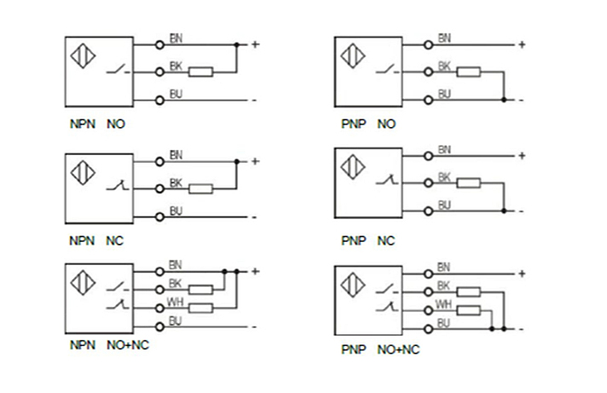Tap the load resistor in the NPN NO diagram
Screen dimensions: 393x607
(x=200, y=72)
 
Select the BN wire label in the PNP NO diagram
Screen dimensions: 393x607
(x=443, y=37)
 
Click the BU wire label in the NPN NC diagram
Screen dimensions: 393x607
(x=176, y=211)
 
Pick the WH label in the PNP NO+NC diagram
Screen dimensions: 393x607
(x=443, y=304)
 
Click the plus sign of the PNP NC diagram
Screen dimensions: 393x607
(x=522, y=155)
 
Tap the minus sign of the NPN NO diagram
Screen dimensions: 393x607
(x=253, y=101)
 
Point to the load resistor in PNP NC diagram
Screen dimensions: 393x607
(x=469, y=182)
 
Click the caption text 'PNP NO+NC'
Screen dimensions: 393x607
(x=381, y=350)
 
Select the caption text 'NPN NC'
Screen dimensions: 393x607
(x=96, y=241)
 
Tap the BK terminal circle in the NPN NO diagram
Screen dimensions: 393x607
(x=159, y=72)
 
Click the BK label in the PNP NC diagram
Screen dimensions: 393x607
(x=443, y=177)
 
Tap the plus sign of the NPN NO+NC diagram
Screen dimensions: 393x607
(x=254, y=271)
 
